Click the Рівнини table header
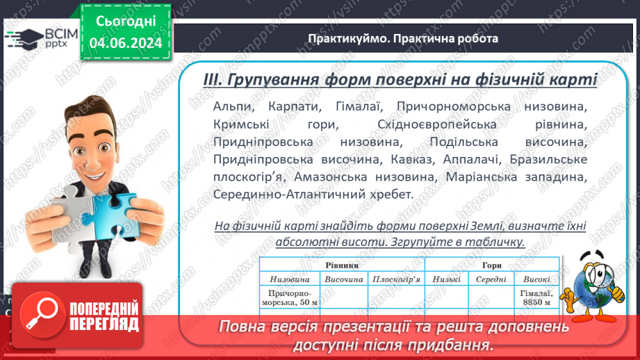click(342, 265)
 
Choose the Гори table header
click(491, 265)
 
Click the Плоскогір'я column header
click(396, 279)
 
